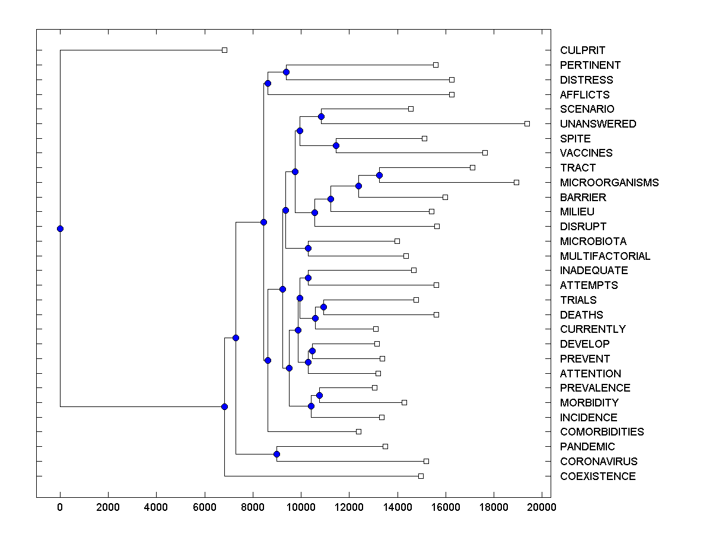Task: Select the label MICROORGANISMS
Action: pos(609,182)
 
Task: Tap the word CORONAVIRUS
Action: pos(598,461)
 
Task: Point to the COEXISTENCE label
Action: pos(597,476)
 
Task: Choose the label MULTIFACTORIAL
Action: pos(605,256)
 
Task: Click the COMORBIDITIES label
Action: pos(602,431)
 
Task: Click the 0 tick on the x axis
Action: pos(60,507)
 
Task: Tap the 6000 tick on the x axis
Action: pos(205,507)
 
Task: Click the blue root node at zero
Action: pos(60,228)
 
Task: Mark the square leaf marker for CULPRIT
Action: pos(224,50)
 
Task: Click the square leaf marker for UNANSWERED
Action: pos(527,123)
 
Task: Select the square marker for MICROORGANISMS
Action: pos(516,182)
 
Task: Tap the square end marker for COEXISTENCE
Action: pos(421,476)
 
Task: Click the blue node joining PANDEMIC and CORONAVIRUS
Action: pos(276,454)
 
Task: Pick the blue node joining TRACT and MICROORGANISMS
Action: pos(379,175)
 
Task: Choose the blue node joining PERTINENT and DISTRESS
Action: pos(286,72)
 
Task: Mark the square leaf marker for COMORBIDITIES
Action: pos(358,431)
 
